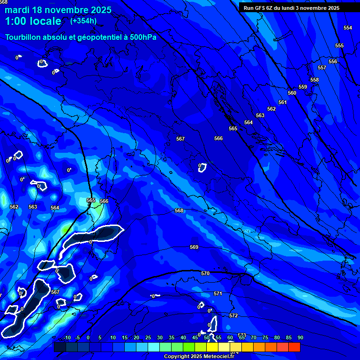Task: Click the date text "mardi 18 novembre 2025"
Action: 58,10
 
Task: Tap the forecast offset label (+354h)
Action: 83,21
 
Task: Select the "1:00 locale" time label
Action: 33,22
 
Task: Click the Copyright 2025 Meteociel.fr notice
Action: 199,357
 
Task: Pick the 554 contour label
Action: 347,28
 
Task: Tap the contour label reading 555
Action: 339,45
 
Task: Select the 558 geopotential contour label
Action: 314,80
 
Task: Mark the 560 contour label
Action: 292,93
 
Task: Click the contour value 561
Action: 282,102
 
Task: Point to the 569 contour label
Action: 194,247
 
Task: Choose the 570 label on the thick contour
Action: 205,273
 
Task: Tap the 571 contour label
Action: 218,293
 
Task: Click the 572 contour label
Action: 233,315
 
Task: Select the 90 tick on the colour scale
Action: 300,337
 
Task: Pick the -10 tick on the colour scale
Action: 67,337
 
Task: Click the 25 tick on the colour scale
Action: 148,337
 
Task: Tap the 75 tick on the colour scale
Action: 265,337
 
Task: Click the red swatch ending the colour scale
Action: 294,347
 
